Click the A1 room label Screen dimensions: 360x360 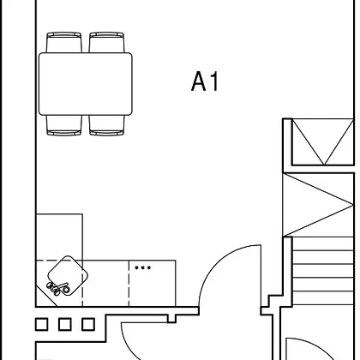[x=205, y=81]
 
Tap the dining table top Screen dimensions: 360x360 [x=86, y=84]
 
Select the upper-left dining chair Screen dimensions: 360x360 [x=64, y=42]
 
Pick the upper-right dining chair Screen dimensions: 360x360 [x=107, y=42]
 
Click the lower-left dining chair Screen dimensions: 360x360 [x=64, y=125]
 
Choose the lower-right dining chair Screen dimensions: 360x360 [x=107, y=125]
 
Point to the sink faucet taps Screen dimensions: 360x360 [x=58, y=288]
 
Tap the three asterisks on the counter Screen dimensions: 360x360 [x=143, y=268]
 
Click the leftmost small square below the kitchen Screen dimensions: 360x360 [x=42, y=325]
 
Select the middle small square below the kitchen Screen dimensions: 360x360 [x=65, y=325]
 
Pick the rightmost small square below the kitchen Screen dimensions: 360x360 [x=88, y=325]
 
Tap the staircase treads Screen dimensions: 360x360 [x=323, y=271]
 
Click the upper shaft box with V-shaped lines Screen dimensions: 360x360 [x=322, y=141]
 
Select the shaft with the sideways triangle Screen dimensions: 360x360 [x=318, y=205]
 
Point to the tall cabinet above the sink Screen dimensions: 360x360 [x=59, y=237]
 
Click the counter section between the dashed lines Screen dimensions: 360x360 [x=105, y=283]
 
